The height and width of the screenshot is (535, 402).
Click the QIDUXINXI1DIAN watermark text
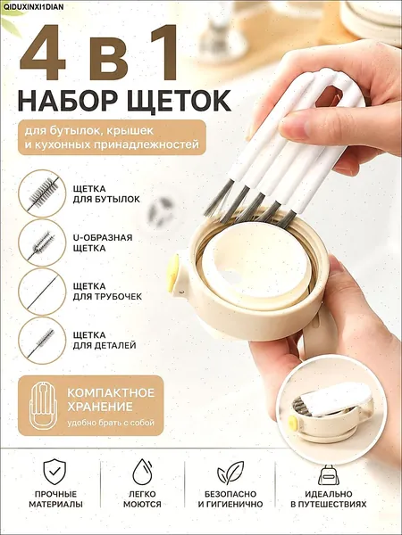(x=32, y=6)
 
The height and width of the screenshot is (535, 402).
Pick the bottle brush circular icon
(x=42, y=193)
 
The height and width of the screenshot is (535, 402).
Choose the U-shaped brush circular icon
(x=42, y=243)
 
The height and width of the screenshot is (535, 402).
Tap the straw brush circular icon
(x=42, y=292)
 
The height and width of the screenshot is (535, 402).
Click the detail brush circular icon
(x=42, y=341)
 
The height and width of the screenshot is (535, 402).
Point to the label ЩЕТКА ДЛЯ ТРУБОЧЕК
(x=107, y=292)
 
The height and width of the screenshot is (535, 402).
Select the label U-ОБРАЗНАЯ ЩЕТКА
(x=103, y=243)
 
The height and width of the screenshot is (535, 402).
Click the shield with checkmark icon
(x=54, y=472)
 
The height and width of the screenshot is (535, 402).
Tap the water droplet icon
(x=142, y=472)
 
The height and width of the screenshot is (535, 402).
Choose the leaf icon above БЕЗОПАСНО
(x=230, y=473)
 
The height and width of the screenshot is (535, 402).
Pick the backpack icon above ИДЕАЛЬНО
(x=328, y=475)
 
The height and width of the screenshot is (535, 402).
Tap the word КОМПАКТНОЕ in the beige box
(x=111, y=392)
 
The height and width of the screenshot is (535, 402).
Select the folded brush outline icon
(x=44, y=405)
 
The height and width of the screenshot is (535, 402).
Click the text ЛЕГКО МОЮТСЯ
(x=142, y=498)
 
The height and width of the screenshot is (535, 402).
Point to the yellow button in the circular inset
(x=293, y=424)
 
